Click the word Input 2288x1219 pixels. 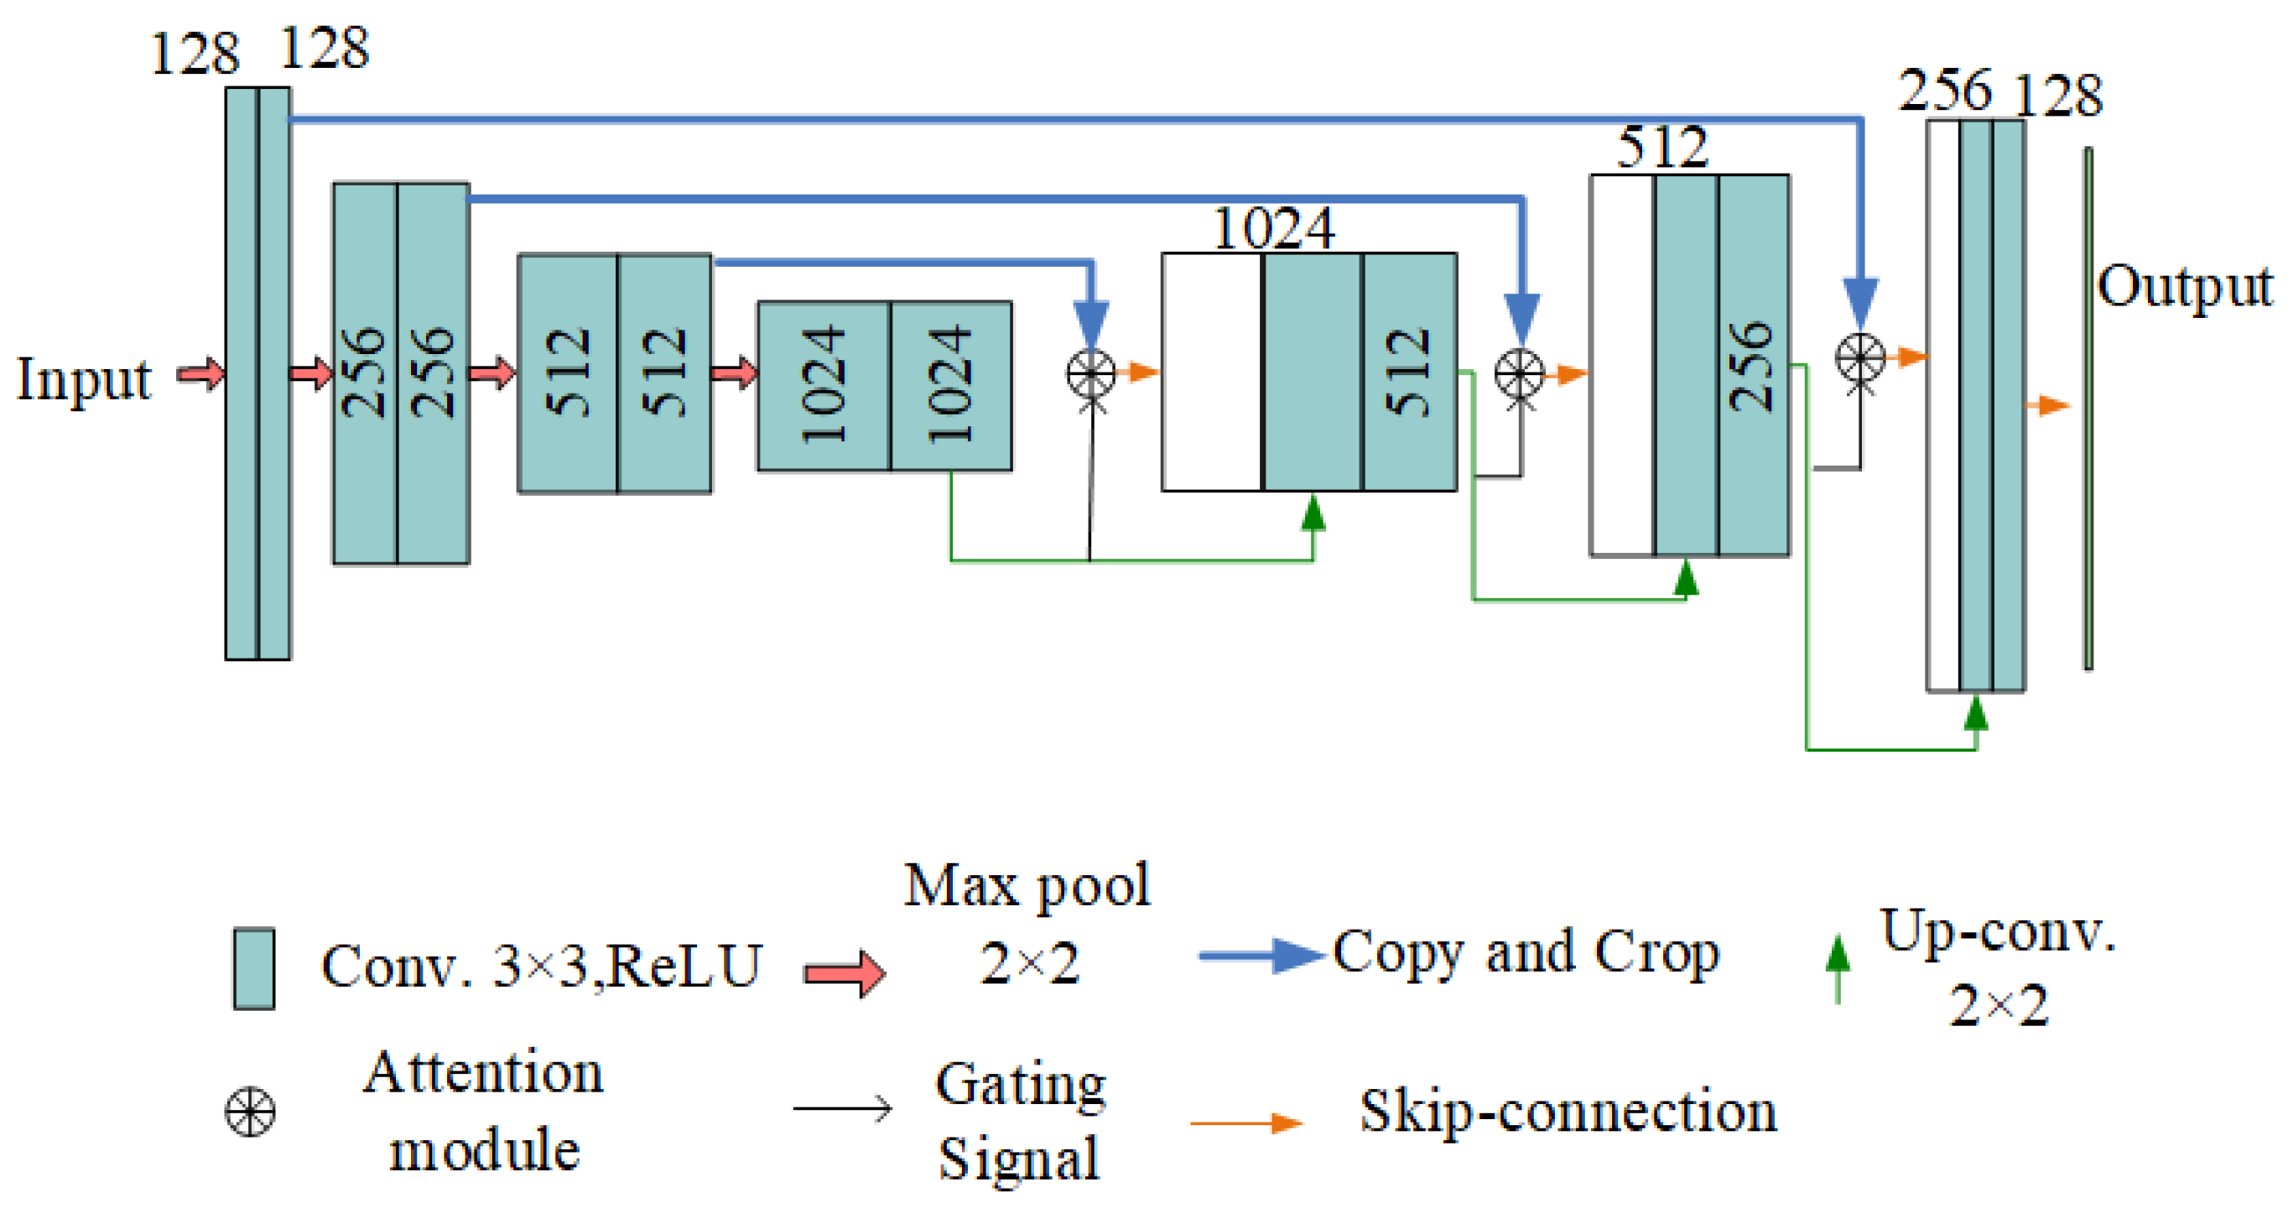85,379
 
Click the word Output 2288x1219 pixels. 2183,286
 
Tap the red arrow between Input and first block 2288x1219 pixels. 200,373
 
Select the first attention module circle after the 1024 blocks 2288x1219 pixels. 1090,372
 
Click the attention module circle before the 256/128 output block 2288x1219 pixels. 1860,358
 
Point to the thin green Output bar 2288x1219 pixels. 2088,409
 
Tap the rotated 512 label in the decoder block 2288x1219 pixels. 1409,372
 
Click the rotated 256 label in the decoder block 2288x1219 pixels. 1751,366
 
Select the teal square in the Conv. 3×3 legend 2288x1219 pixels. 254,968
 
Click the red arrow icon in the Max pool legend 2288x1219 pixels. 845,973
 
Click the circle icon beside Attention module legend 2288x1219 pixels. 251,1112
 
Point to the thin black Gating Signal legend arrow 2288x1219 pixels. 843,1108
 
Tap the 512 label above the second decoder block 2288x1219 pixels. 1661,147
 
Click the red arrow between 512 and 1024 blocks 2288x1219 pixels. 735,372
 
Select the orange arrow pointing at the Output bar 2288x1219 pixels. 2047,405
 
